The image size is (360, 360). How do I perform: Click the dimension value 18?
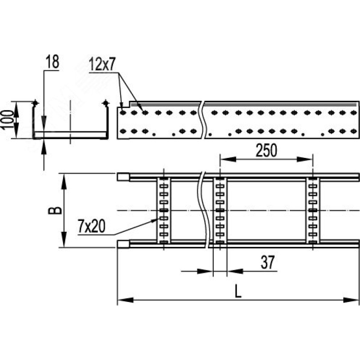click(52, 62)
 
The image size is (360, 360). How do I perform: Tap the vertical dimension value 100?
click(7, 120)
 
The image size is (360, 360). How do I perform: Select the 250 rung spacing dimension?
click(266, 150)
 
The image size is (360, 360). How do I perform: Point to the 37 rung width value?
click(267, 262)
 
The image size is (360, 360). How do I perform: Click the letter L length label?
click(238, 291)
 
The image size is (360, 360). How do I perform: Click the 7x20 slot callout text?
click(91, 226)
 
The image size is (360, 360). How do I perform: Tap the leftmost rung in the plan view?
click(164, 210)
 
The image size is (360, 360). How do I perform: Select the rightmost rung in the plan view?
click(313, 210)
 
